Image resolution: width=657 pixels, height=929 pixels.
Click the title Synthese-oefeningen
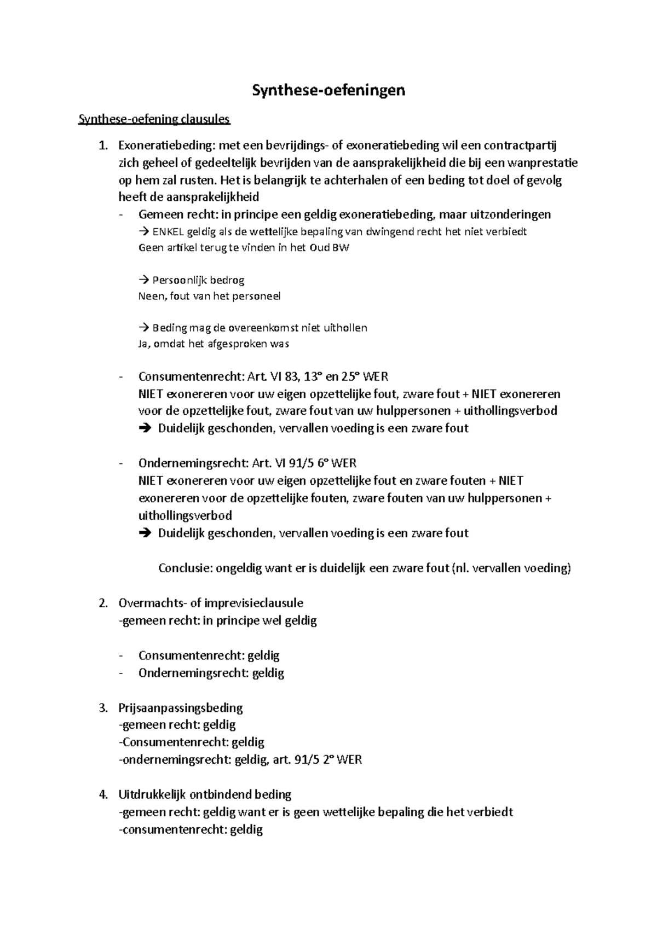(x=328, y=90)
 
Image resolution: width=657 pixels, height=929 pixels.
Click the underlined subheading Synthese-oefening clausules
(x=154, y=119)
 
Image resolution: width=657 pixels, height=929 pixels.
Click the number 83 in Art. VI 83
(x=293, y=377)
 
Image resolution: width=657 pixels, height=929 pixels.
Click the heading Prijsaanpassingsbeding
(x=181, y=708)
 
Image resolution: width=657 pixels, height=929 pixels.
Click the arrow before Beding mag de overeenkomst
(x=144, y=328)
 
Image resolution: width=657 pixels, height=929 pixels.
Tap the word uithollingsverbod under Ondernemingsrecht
(x=186, y=516)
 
